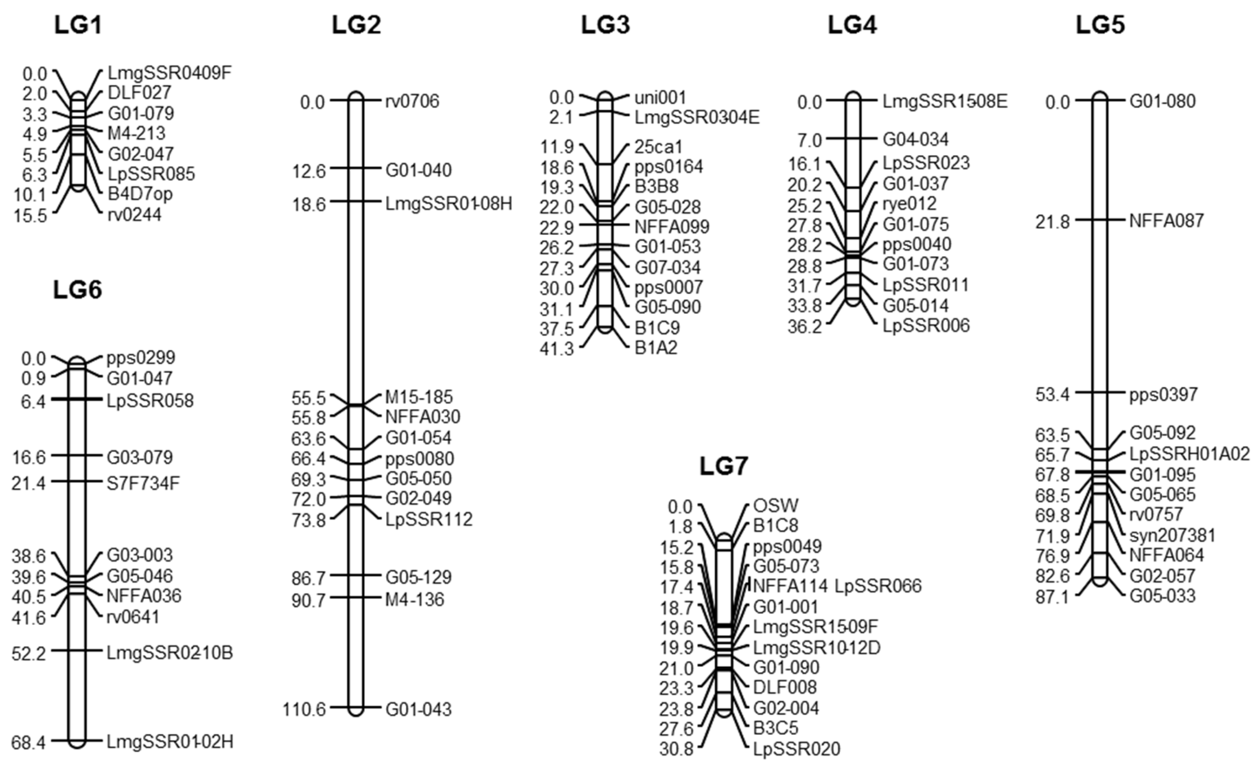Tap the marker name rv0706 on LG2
(412, 101)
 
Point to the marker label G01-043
(418, 709)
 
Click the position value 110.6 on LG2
(304, 709)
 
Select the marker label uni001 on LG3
(660, 97)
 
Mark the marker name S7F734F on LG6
(143, 483)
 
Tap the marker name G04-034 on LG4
(916, 139)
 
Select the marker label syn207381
(1172, 536)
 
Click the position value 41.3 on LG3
(557, 349)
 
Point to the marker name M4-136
(414, 599)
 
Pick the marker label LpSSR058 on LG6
(150, 400)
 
